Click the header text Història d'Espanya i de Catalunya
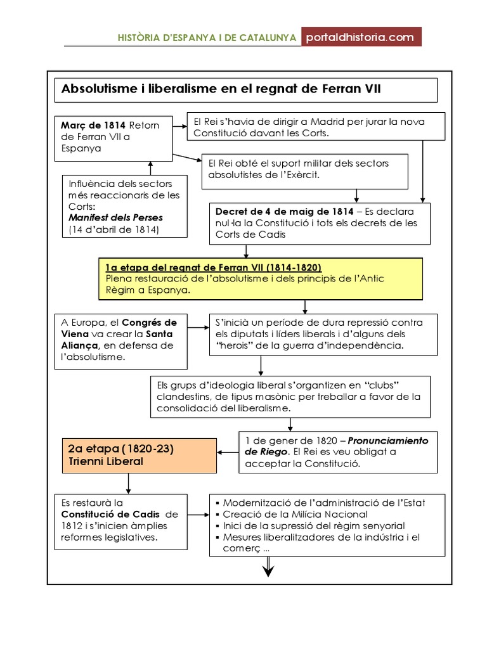point(207,38)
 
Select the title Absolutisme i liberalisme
point(221,89)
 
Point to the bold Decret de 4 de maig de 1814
point(285,212)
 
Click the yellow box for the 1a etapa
point(261,278)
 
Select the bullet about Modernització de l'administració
point(323,503)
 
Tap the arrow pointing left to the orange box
point(228,453)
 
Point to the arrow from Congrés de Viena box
point(198,327)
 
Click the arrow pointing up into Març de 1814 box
point(150,167)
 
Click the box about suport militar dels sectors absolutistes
point(304,169)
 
